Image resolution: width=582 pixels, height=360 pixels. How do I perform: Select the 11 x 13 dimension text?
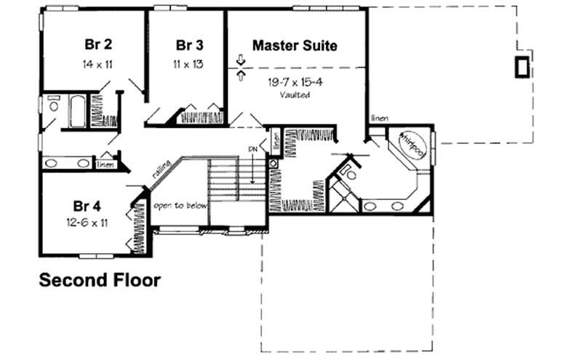(188, 64)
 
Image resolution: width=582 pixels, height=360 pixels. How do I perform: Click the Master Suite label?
(295, 45)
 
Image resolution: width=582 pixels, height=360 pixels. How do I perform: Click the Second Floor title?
(99, 280)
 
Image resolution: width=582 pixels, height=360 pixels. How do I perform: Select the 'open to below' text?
(180, 206)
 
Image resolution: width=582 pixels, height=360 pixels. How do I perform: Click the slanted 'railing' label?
(162, 172)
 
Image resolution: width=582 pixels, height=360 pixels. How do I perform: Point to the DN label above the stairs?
(252, 149)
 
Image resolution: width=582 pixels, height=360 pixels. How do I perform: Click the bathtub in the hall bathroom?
(76, 111)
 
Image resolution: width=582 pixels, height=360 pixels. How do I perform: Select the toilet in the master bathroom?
(350, 173)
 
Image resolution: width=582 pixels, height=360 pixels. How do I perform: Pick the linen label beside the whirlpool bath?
(379, 118)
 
